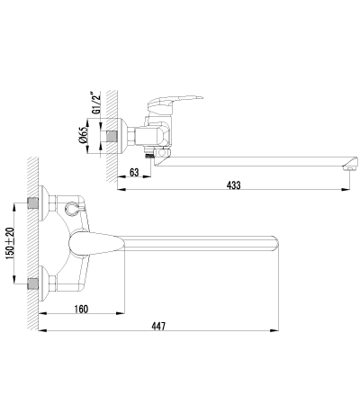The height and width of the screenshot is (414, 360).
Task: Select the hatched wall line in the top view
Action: (33, 243)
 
